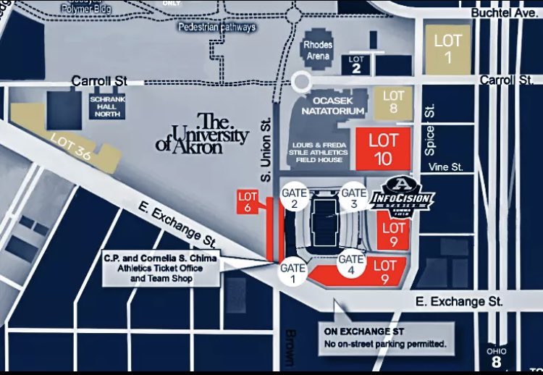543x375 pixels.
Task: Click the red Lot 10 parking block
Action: [383, 150]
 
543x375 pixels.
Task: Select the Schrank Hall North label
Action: [107, 106]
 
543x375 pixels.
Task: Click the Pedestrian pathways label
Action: [216, 27]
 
